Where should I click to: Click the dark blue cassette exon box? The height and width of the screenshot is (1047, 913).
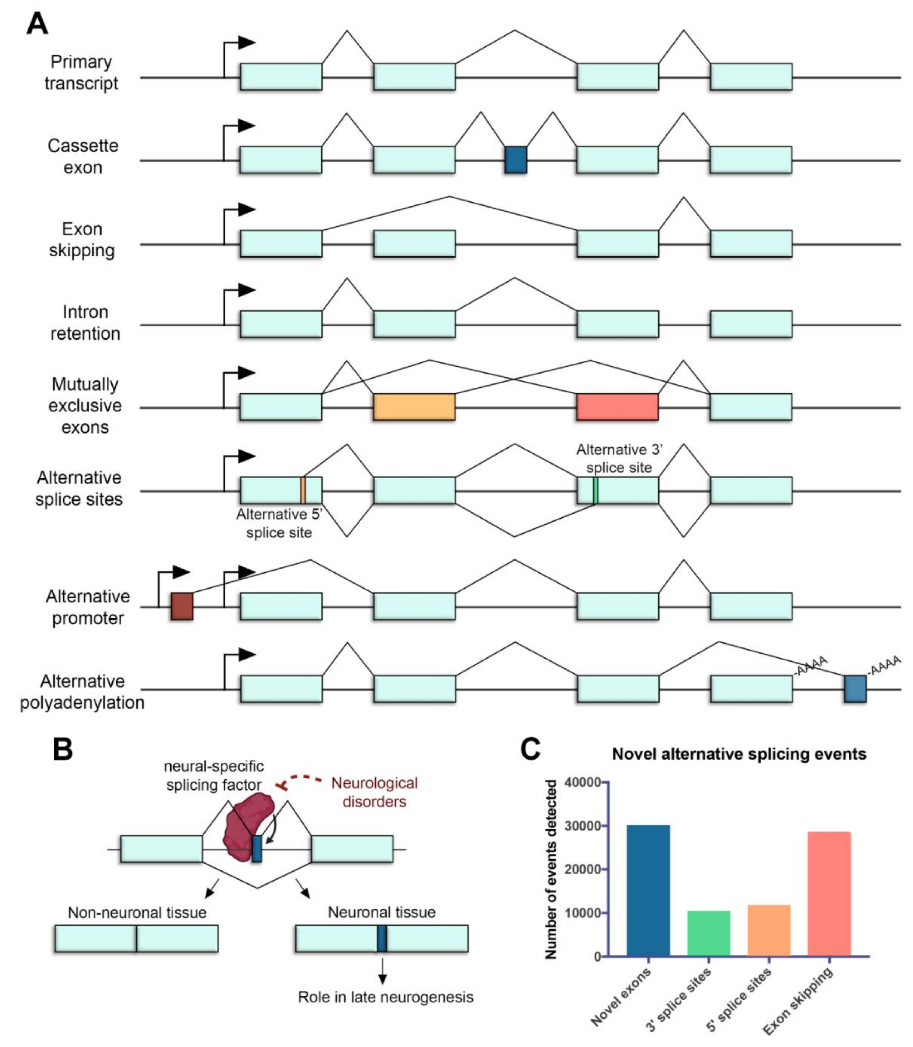point(516,160)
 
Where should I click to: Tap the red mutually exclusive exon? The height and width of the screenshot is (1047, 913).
point(617,406)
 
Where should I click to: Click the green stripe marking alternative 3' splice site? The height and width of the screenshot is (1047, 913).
point(595,490)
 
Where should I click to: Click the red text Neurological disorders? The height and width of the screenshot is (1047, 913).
point(375,792)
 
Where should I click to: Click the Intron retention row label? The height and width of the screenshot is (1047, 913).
point(85,323)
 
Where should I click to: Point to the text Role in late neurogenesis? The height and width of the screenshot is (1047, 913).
point(386,997)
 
